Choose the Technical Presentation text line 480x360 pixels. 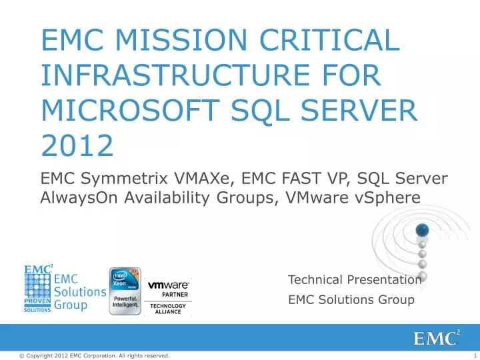[x=355, y=280]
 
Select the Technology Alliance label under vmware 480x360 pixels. [x=168, y=309]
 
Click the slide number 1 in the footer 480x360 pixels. [x=472, y=355]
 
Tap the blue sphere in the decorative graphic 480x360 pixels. [x=421, y=231]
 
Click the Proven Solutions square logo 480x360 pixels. [x=37, y=289]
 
